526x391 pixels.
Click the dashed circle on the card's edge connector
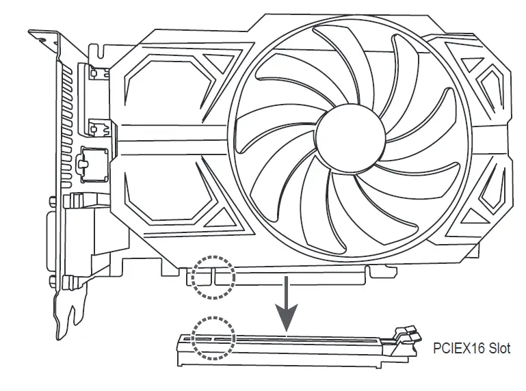(213, 277)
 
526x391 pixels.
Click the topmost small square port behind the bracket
(95, 72)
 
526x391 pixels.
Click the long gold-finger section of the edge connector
(294, 277)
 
